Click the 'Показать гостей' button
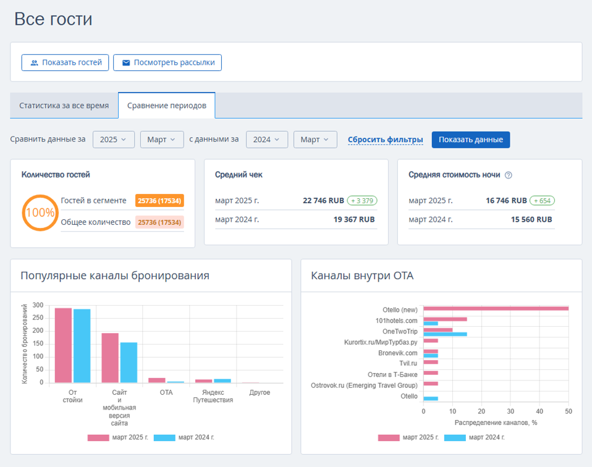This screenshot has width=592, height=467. pyautogui.click(x=65, y=62)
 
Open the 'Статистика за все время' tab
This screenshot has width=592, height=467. pyautogui.click(x=64, y=106)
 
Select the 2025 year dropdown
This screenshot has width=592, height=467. pyautogui.click(x=114, y=140)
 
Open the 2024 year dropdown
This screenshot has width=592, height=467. pyautogui.click(x=267, y=140)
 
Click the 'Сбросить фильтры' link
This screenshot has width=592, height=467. pyautogui.click(x=385, y=140)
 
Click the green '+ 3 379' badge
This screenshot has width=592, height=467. pyautogui.click(x=362, y=201)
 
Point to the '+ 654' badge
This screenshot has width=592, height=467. pyautogui.click(x=542, y=201)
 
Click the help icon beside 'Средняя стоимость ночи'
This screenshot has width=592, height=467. pyautogui.click(x=509, y=175)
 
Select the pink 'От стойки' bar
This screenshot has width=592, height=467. pyautogui.click(x=63, y=345)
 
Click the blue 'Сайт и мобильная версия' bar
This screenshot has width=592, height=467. pyautogui.click(x=129, y=363)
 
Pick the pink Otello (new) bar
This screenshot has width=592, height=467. pyautogui.click(x=496, y=308)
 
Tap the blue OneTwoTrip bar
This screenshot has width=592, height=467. pyautogui.click(x=445, y=334)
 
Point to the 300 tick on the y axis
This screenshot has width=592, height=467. pyautogui.click(x=38, y=305)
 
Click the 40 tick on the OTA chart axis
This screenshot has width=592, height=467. pyautogui.click(x=539, y=411)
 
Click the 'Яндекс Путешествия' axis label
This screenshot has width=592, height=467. pyautogui.click(x=213, y=397)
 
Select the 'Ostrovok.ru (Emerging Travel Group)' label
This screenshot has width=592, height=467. pyautogui.click(x=364, y=385)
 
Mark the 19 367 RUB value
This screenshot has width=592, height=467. pyautogui.click(x=354, y=220)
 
